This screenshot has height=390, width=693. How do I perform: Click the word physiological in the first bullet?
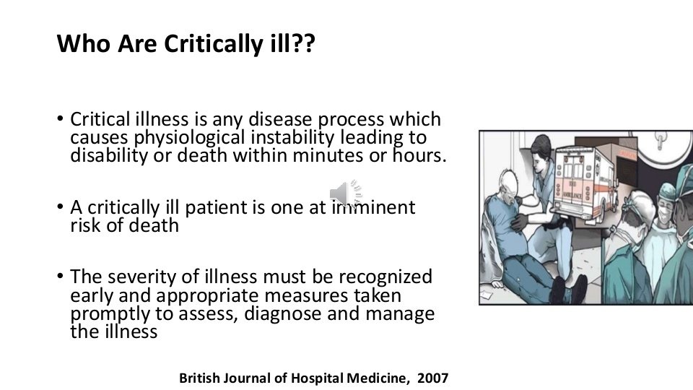[178, 138]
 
